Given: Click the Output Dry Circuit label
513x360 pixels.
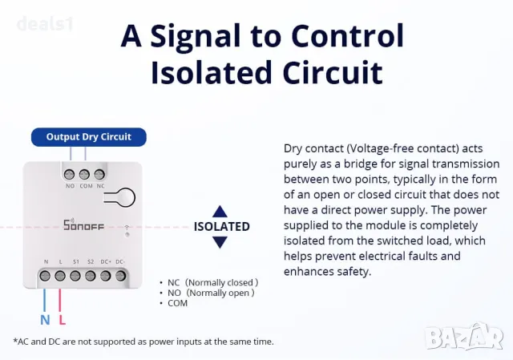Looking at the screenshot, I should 88,136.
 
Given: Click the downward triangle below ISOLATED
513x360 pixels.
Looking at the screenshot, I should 220,241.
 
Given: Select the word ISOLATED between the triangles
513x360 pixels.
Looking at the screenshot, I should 222,226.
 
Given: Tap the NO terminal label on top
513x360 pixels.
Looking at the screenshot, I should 70,185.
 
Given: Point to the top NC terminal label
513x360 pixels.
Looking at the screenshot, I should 99,185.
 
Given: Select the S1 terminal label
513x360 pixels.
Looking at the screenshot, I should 76,262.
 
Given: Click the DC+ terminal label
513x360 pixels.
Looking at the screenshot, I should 105,262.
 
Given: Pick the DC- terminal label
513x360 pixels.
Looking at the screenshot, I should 120,262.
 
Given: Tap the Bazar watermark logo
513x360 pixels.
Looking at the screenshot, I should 465,334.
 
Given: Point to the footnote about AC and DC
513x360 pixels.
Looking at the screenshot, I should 143,342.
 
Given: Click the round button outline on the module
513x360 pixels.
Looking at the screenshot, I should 127,196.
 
